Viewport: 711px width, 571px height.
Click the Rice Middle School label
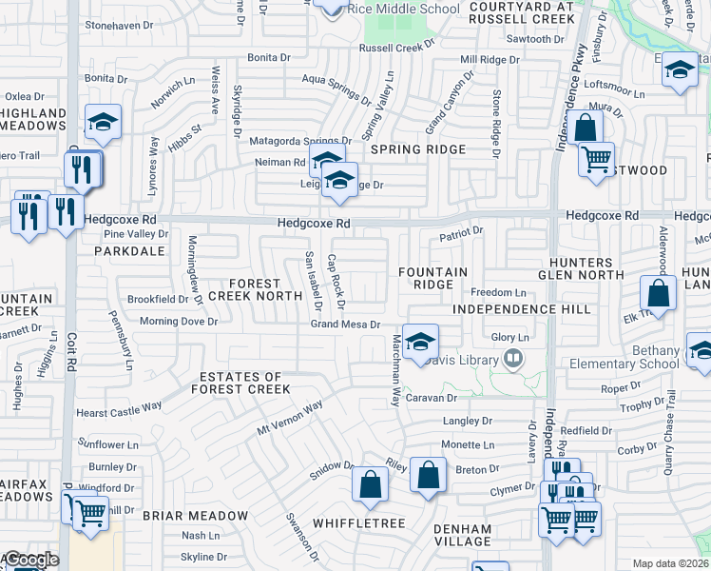coord(405,9)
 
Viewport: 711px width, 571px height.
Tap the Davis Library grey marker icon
coord(514,359)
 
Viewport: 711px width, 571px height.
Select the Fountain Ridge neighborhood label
coord(432,279)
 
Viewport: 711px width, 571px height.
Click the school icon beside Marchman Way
coord(418,343)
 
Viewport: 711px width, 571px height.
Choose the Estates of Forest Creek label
coord(240,383)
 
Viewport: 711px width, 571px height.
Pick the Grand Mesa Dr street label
coord(346,325)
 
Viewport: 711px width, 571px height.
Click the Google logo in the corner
coord(30,560)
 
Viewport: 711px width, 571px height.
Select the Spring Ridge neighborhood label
coord(418,149)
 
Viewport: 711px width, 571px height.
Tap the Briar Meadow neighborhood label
coord(195,516)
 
